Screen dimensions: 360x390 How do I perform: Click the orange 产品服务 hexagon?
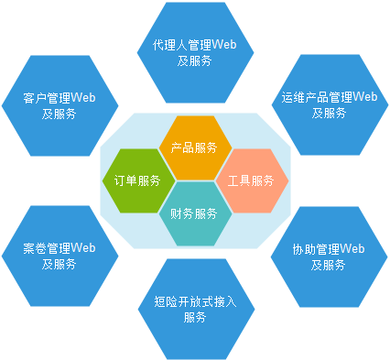pyautogui.click(x=193, y=147)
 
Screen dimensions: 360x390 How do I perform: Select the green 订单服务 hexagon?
pyautogui.click(x=137, y=180)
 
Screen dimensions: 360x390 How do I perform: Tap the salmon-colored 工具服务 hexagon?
pyautogui.click(x=251, y=180)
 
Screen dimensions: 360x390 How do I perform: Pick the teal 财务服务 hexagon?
pyautogui.click(x=193, y=213)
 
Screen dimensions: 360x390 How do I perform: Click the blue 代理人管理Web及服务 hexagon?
pyautogui.click(x=193, y=52)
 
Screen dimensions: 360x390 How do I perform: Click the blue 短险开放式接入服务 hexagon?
pyautogui.click(x=193, y=309)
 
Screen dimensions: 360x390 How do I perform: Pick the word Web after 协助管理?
pyautogui.click(x=352, y=248)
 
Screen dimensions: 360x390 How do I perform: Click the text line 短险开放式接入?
pyautogui.click(x=194, y=301)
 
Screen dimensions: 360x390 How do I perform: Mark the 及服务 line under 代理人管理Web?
pyautogui.click(x=194, y=60)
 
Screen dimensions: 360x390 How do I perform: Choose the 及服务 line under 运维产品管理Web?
pyautogui.click(x=329, y=114)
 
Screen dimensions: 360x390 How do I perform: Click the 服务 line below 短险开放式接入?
pyautogui.click(x=194, y=318)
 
